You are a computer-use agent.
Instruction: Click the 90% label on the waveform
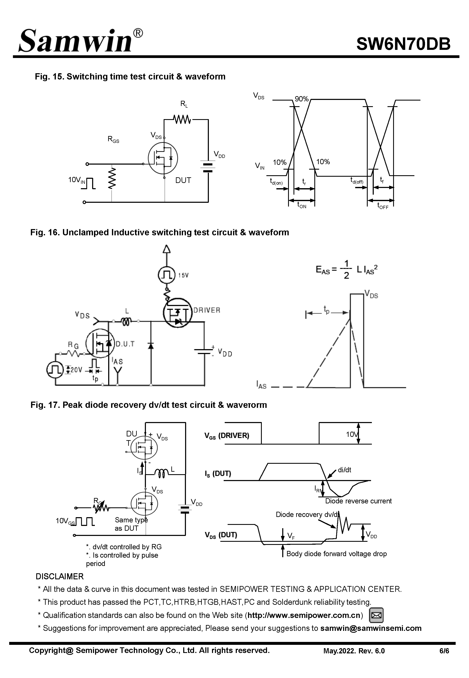[x=301, y=99]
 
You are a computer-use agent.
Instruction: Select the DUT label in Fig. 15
[x=183, y=180]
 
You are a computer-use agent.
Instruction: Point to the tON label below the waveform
[x=302, y=205]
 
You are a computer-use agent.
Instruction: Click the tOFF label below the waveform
[x=383, y=206]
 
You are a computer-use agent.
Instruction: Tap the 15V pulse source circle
[x=167, y=275]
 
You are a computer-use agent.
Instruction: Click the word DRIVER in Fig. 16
[x=207, y=310]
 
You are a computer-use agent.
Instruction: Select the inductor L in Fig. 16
[x=126, y=322]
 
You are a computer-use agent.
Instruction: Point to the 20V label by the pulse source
[x=76, y=370]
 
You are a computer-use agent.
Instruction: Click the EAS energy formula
[x=346, y=269]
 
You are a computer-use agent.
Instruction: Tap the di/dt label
[x=344, y=470]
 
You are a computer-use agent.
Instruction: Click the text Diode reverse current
[x=358, y=501]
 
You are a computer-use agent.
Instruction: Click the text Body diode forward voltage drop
[x=336, y=554]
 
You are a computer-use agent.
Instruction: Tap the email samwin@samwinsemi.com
[x=371, y=628]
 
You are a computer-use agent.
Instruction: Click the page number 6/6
[x=444, y=651]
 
